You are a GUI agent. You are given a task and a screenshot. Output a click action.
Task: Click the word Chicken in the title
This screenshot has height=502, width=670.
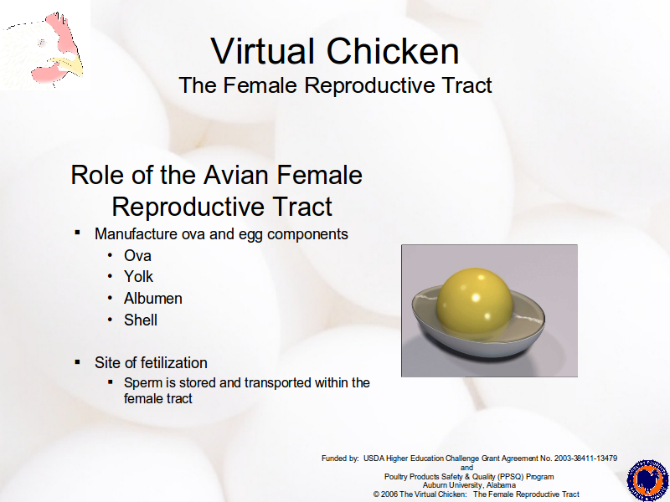pos(393,51)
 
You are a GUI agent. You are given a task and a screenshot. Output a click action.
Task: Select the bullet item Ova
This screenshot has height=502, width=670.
pos(137,256)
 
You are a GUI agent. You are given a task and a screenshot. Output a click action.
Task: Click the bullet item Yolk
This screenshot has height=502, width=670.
pos(138,277)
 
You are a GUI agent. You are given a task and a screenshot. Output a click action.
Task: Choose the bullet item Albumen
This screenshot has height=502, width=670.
pos(153,299)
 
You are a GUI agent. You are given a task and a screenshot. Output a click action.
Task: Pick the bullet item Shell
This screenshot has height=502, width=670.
pos(141,320)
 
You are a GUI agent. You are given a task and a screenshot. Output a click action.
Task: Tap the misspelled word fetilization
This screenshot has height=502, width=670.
pos(174,363)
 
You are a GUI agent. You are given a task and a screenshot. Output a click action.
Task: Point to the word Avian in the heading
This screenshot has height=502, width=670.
pos(236,175)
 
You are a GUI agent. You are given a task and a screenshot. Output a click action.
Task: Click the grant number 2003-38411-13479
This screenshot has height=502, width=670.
pos(585,458)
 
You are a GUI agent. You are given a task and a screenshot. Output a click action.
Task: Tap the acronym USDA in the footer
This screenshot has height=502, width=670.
pos(374,458)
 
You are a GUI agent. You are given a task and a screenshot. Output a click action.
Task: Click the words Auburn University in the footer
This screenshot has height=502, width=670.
pos(452,485)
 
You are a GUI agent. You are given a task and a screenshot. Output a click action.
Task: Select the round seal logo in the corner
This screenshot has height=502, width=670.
pos(647,480)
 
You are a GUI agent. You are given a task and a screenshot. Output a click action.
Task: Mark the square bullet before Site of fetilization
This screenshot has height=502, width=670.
pos(77,362)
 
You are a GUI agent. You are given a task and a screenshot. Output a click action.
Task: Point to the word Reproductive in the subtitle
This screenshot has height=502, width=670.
pos(370,85)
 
